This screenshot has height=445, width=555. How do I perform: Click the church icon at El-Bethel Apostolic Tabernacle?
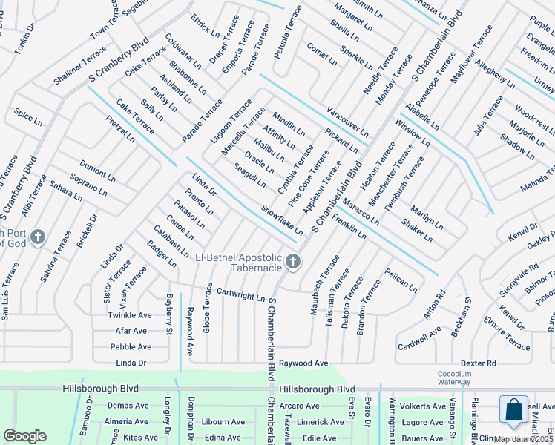pos(294,261)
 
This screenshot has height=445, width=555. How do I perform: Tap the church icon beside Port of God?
pos(39,238)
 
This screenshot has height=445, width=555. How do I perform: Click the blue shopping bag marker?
pos(513,413)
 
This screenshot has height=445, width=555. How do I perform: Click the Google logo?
pos(24,436)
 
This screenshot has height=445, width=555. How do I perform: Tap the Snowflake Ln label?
pos(281,220)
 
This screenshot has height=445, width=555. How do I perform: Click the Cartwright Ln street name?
pos(240,294)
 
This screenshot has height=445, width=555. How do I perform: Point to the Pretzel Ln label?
pos(120,128)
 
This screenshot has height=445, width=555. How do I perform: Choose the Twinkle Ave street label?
pos(129,315)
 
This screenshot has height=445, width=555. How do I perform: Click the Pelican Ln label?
pos(401,281)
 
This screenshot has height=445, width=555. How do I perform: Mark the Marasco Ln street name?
pos(361,211)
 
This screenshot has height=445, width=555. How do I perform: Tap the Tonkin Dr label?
pos(24,39)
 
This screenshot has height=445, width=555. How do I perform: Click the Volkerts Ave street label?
pos(421,406)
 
